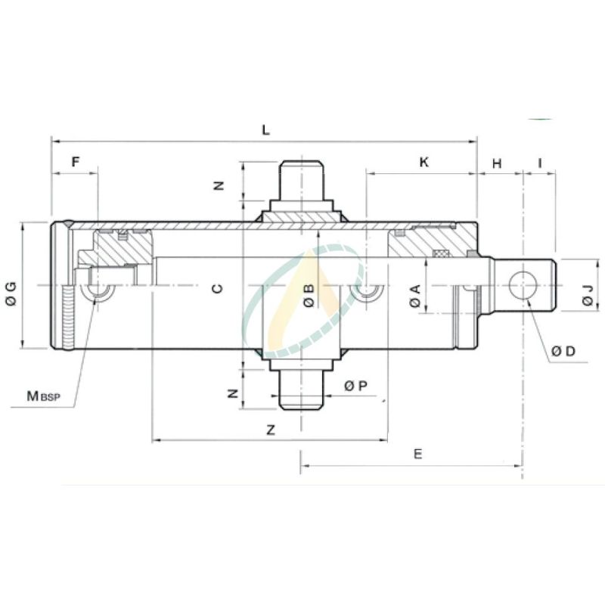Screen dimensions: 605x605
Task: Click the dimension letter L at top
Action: click(x=265, y=129)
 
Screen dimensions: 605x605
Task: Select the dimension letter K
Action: click(x=423, y=162)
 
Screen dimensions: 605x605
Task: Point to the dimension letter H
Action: click(x=497, y=163)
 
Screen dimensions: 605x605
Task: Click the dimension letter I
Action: click(x=540, y=163)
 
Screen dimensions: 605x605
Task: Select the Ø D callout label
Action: click(x=563, y=351)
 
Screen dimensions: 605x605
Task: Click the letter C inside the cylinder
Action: click(x=217, y=288)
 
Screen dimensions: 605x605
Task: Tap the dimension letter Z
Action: click(x=270, y=430)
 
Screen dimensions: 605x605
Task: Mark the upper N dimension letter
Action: click(x=220, y=185)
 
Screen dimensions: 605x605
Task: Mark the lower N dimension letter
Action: click(x=233, y=393)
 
